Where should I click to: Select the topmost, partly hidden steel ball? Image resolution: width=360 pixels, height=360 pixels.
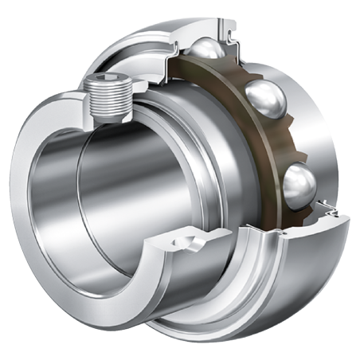pyautogui.click(x=209, y=49)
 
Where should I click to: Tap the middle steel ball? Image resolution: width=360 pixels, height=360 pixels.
pyautogui.click(x=264, y=99)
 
